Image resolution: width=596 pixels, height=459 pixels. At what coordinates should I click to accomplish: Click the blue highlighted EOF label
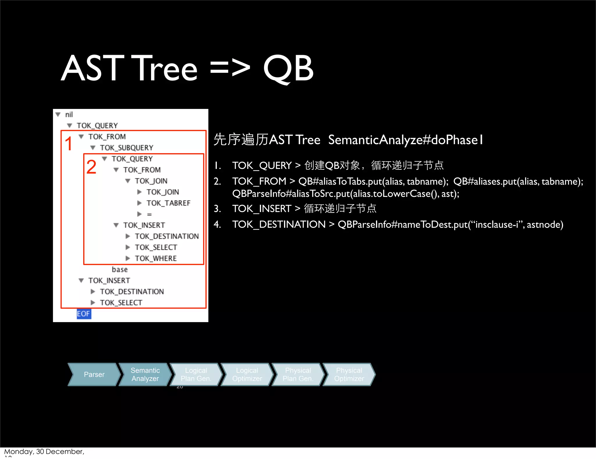pyautogui.click(x=84, y=314)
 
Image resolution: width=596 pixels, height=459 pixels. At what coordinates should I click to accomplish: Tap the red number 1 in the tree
pyautogui.click(x=69, y=144)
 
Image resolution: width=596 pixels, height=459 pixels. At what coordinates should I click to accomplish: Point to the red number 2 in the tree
pyautogui.click(x=91, y=167)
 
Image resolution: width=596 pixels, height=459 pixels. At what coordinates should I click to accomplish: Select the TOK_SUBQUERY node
pyautogui.click(x=126, y=148)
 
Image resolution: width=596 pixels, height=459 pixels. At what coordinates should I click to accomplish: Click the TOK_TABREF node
pyautogui.click(x=168, y=203)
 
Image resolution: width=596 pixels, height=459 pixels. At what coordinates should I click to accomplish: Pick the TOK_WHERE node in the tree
pyautogui.click(x=155, y=258)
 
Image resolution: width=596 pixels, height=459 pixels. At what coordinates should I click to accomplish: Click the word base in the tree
pyautogui.click(x=120, y=269)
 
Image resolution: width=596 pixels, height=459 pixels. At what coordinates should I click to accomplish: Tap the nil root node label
pyautogui.click(x=69, y=114)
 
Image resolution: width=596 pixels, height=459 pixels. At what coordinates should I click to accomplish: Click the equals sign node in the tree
pyautogui.click(x=149, y=214)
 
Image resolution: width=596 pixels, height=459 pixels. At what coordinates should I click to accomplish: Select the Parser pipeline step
pyautogui.click(x=94, y=375)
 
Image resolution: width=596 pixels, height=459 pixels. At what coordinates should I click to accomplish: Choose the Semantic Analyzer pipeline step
pyautogui.click(x=145, y=375)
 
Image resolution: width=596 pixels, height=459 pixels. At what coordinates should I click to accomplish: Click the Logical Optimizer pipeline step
pyautogui.click(x=247, y=375)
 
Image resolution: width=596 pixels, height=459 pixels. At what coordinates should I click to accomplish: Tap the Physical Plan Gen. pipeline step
pyautogui.click(x=298, y=375)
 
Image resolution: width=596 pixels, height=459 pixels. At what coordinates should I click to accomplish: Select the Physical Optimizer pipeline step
pyautogui.click(x=349, y=375)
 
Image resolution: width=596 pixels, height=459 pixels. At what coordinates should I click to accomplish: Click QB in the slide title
pyautogui.click(x=288, y=69)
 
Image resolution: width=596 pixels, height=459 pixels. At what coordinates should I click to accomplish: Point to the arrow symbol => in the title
pyautogui.click(x=230, y=69)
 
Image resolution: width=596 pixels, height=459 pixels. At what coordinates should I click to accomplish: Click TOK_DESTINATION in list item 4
pyautogui.click(x=279, y=225)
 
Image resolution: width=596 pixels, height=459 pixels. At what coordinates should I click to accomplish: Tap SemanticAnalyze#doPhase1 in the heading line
pyautogui.click(x=405, y=140)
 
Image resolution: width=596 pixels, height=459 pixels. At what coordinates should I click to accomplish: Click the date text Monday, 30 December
pyautogui.click(x=44, y=451)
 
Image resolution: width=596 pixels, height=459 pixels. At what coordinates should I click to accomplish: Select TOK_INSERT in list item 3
pyautogui.click(x=261, y=209)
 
